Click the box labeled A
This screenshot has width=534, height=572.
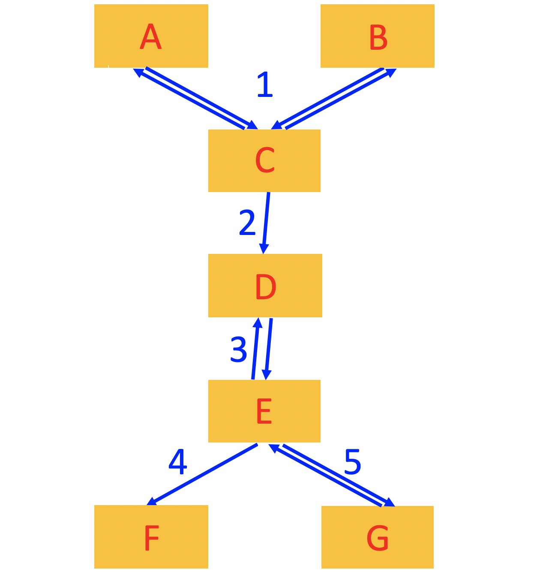pos(151,36)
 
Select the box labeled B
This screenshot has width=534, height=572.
pos(377,36)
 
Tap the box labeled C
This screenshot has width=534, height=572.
pos(264,160)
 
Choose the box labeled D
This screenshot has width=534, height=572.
pos(265,286)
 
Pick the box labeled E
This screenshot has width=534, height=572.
pos(264,411)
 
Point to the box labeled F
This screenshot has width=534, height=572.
pos(151,536)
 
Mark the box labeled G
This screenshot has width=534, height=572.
pos(377,537)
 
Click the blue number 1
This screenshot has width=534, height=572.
pos(264,85)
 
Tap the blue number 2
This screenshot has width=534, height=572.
pos(247,223)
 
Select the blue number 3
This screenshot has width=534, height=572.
pos(239,349)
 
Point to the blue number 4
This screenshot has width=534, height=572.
pos(177,462)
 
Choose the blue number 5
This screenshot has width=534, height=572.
pos(352,462)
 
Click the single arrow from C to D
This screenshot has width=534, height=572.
pos(266,221)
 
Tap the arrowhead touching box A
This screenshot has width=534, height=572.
pos(138,72)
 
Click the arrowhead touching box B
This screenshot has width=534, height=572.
pos(391,72)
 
